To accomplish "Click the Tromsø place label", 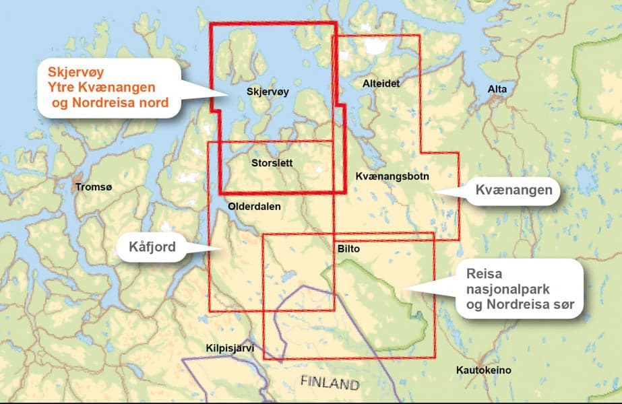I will (x=91, y=187).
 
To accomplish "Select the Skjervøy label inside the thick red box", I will (x=268, y=92).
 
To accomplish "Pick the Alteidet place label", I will (x=381, y=84).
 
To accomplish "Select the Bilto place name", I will (x=348, y=249).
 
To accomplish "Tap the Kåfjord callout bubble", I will (x=152, y=248).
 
